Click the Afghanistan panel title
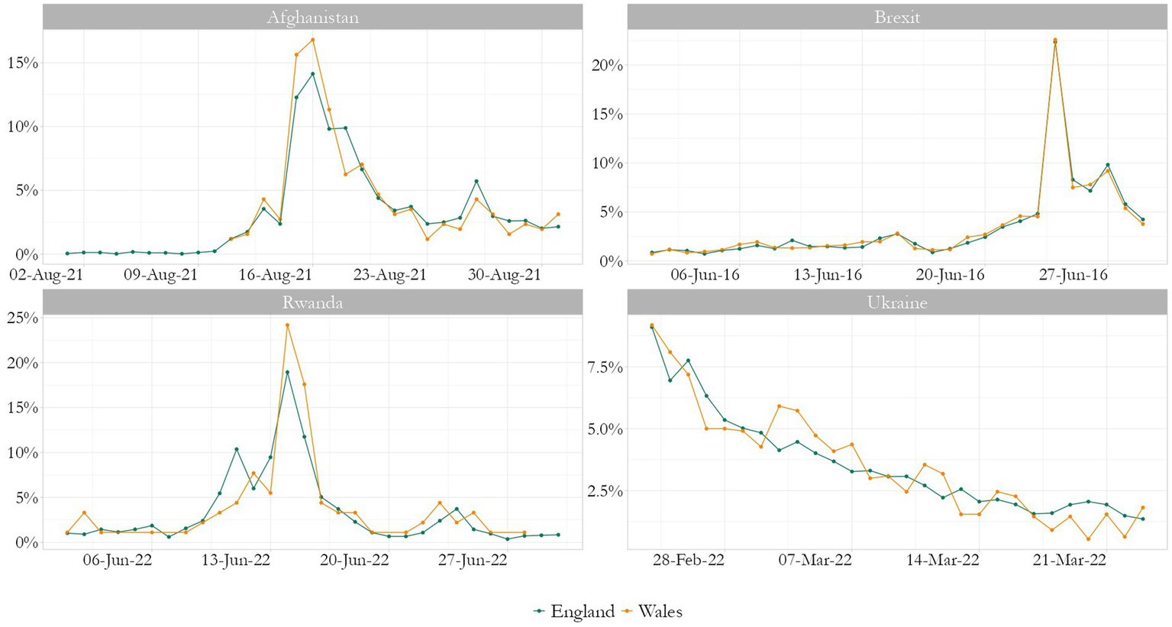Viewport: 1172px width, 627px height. tap(312, 18)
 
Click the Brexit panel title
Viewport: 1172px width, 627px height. tap(896, 18)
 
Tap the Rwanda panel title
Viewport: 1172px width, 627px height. tap(312, 302)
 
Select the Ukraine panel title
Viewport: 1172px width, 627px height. tap(896, 302)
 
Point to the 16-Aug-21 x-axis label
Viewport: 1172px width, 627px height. tap(276, 275)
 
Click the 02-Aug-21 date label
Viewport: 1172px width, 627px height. tap(47, 275)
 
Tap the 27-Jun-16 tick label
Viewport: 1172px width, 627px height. tap(1073, 275)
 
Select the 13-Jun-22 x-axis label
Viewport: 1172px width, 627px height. tap(236, 561)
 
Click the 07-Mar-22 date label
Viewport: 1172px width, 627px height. tap(815, 561)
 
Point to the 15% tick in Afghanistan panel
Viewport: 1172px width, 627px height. tap(22, 63)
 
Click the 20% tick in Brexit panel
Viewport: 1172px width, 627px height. tap(608, 66)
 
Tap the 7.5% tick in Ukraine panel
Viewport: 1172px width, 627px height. tap(604, 367)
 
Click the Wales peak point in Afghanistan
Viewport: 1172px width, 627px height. tap(312, 40)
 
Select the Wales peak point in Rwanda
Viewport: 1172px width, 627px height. tap(287, 325)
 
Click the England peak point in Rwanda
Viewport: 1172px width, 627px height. tap(287, 373)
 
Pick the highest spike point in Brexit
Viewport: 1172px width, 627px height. tap(1055, 40)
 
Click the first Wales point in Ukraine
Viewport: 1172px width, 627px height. tap(651, 325)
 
